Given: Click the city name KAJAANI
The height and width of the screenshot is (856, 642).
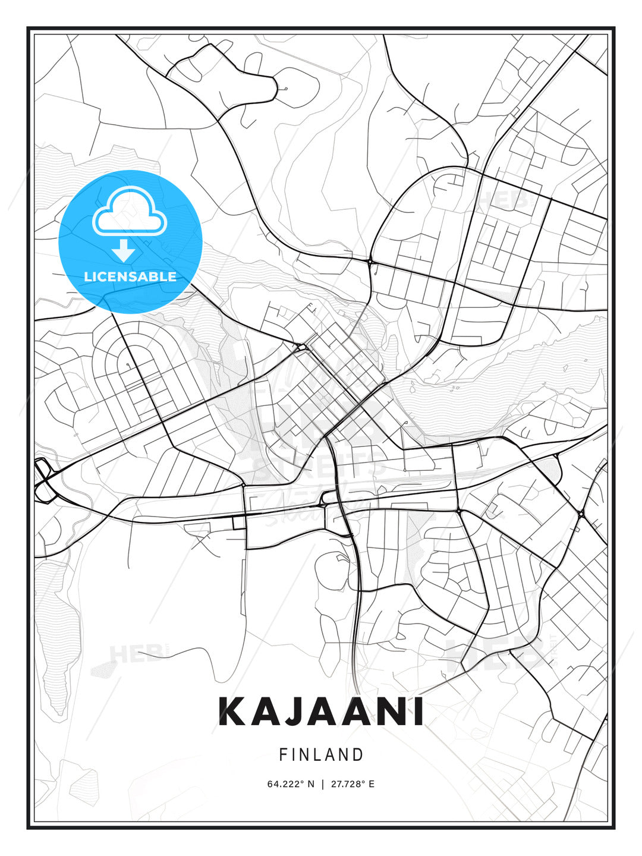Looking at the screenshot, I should (x=321, y=712).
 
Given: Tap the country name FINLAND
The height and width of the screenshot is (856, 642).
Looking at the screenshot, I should (x=321, y=755).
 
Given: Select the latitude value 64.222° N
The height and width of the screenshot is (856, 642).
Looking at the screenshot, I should (x=291, y=784).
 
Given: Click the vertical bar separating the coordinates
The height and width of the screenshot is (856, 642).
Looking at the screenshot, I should (x=322, y=784).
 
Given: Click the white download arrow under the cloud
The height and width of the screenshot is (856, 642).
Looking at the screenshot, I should (x=124, y=250).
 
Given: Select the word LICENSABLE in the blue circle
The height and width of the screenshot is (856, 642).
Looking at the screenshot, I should (x=130, y=276).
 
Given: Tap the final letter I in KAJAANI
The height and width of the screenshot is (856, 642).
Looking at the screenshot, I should (x=418, y=712).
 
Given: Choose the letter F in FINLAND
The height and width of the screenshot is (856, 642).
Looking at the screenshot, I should (x=283, y=755).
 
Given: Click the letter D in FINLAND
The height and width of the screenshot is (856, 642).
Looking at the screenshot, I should (x=358, y=755).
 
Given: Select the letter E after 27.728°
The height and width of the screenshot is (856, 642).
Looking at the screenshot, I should (x=372, y=784).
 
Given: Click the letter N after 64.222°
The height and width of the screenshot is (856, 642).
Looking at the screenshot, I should (x=310, y=784).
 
